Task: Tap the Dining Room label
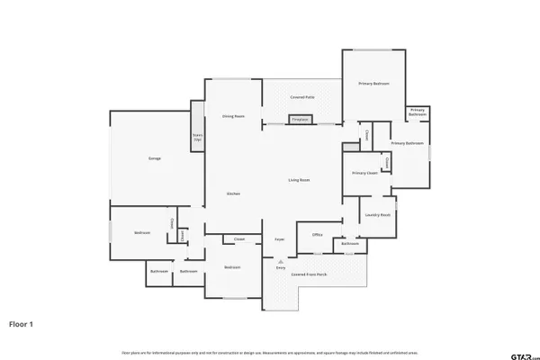(x=234, y=116)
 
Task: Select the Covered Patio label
(x=301, y=96)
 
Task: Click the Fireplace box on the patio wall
(x=300, y=119)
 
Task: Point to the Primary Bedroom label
(x=373, y=84)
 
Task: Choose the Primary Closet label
(x=364, y=172)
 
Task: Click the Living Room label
(x=299, y=181)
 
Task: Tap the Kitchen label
(x=233, y=194)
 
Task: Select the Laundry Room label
(x=376, y=215)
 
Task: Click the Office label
(x=317, y=235)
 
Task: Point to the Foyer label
(x=280, y=239)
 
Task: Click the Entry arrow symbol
(x=280, y=261)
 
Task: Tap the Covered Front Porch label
(x=309, y=273)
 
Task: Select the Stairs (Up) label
(x=197, y=138)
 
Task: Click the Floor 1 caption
(x=22, y=323)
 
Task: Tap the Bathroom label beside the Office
(x=350, y=243)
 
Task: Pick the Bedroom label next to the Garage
(x=142, y=233)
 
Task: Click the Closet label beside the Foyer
(x=239, y=238)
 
